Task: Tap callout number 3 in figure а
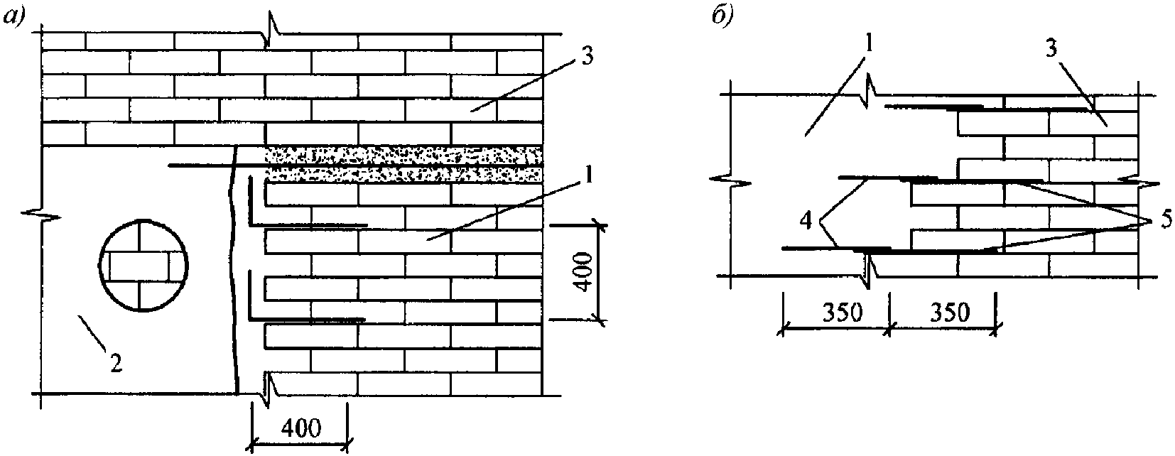tap(586, 55)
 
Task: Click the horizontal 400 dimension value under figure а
tap(300, 428)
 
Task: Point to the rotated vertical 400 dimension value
tap(583, 273)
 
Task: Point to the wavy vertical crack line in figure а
tap(233, 270)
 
